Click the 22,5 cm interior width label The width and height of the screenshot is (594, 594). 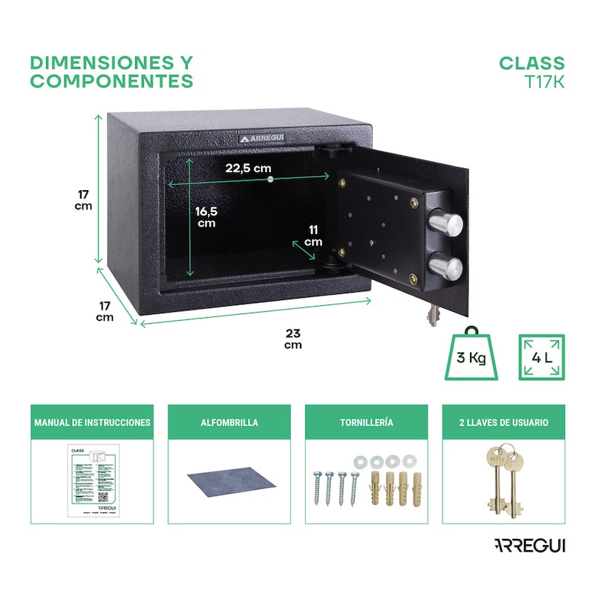pos(248,168)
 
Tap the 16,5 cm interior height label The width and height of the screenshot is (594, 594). pos(206,217)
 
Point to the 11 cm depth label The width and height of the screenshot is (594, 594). pos(313,236)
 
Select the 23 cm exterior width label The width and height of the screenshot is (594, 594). pos(293,339)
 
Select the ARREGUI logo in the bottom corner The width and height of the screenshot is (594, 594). pos(529,546)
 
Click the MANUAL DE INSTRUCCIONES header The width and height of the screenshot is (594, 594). pos(92,422)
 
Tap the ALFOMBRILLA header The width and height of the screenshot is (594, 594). pos(229,422)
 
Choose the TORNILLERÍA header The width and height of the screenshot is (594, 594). pos(366,422)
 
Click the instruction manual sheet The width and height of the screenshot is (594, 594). pos(91,483)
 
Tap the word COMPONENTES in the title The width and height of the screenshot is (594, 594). pos(111,81)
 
